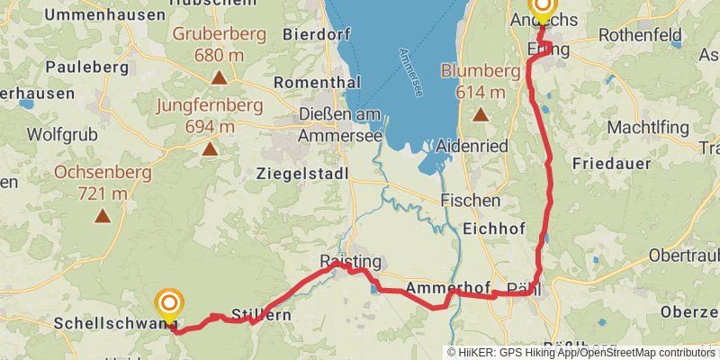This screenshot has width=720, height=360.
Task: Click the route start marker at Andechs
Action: [x=543, y=8]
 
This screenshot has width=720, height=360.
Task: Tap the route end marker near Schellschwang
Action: [x=168, y=303]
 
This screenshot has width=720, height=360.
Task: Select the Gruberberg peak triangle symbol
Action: [x=219, y=78]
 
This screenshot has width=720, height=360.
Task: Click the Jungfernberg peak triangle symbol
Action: [x=210, y=149]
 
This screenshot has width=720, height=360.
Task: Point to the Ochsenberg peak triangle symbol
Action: [x=103, y=215]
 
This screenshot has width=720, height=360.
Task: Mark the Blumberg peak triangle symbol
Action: [x=481, y=114]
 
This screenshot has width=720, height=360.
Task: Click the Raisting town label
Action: [x=351, y=262]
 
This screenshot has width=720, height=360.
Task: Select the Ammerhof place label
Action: [x=447, y=288]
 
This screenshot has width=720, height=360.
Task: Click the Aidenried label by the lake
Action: [x=472, y=146]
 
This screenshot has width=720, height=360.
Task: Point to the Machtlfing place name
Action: [x=647, y=128]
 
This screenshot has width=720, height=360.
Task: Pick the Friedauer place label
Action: [x=611, y=164]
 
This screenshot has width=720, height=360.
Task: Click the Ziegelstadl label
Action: [x=301, y=173]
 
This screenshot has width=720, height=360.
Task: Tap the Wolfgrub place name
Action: [x=61, y=135]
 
